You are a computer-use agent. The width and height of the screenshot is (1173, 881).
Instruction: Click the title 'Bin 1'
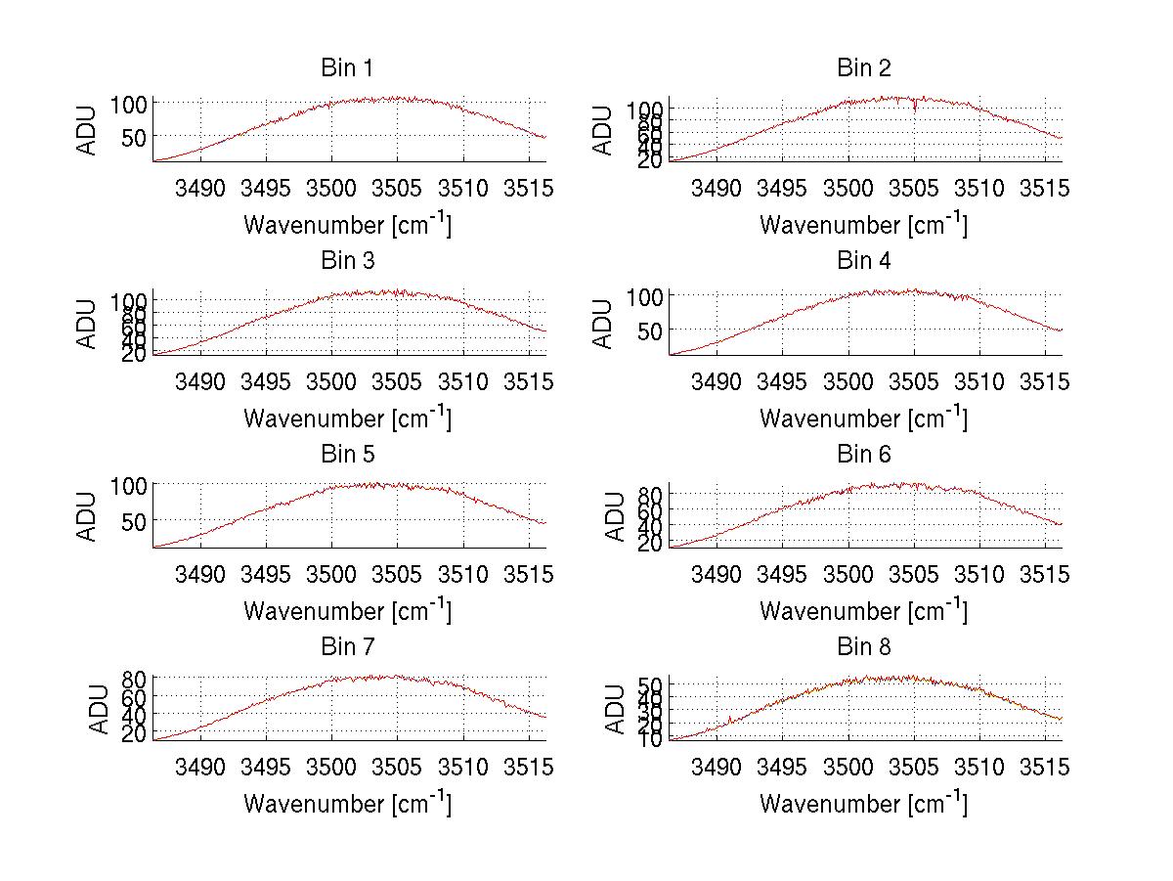[346, 68]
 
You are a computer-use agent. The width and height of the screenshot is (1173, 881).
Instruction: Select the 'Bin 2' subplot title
[863, 68]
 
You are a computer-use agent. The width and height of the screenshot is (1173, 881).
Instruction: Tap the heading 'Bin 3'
[346, 261]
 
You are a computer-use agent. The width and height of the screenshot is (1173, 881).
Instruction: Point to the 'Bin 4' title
[863, 261]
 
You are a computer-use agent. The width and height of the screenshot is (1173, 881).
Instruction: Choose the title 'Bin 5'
[346, 455]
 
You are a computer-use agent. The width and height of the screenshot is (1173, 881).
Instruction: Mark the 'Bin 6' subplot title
[863, 455]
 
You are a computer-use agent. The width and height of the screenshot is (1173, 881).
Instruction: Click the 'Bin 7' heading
[346, 647]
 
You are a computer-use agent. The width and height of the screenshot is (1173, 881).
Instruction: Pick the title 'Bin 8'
[863, 647]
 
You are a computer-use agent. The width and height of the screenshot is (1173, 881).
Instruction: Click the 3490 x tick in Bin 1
[199, 188]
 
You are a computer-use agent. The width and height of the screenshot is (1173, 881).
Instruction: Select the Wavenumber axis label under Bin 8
[863, 803]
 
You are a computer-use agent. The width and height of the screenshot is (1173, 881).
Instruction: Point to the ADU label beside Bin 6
[615, 516]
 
